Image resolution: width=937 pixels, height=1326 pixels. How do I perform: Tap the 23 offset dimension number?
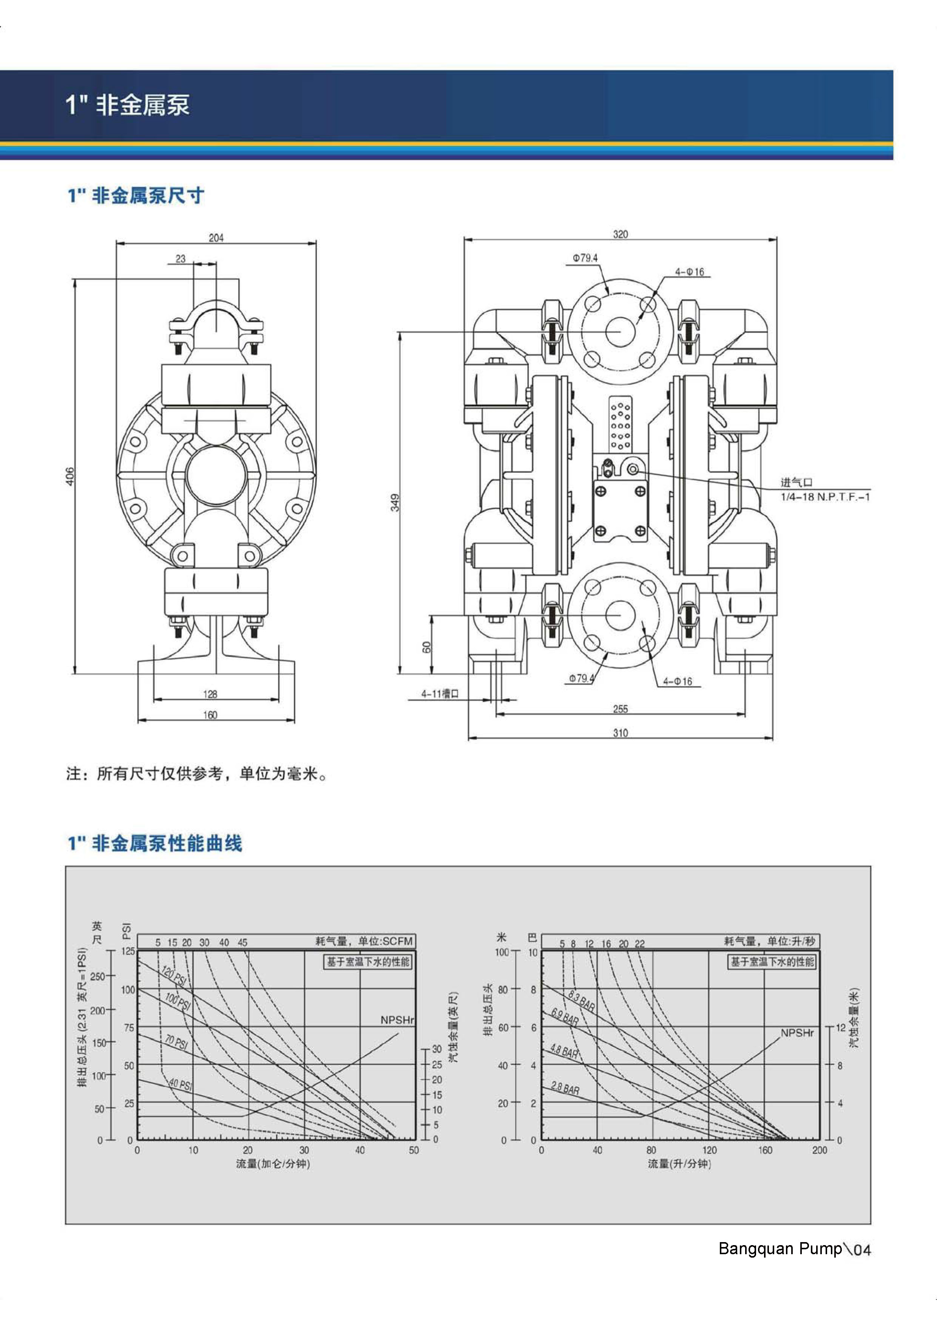181,259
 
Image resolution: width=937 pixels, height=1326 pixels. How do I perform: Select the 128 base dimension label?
210,694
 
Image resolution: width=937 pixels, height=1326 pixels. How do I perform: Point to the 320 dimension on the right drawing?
620,234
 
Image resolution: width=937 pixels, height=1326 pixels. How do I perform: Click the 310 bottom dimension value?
620,733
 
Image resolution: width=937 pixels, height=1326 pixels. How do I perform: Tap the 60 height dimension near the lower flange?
427,647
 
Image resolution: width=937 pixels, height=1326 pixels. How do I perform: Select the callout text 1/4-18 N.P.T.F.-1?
825,497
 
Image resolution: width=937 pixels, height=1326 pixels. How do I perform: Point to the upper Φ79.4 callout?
585,258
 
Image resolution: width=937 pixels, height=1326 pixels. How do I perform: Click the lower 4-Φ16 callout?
677,681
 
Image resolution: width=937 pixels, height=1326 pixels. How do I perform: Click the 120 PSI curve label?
174,976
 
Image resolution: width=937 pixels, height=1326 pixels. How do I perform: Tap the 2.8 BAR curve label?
565,1089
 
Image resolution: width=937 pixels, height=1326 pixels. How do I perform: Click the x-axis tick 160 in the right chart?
765,1150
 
